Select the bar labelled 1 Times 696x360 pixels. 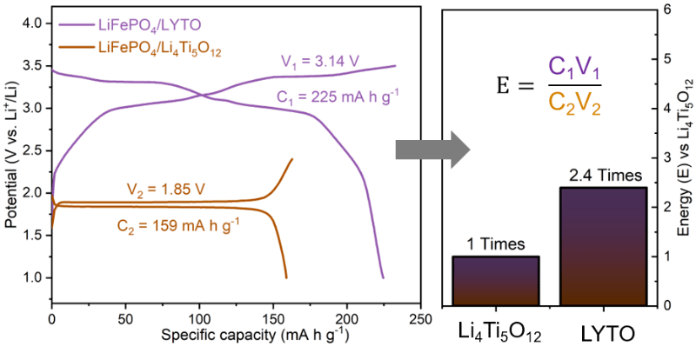pyautogui.click(x=497, y=280)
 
